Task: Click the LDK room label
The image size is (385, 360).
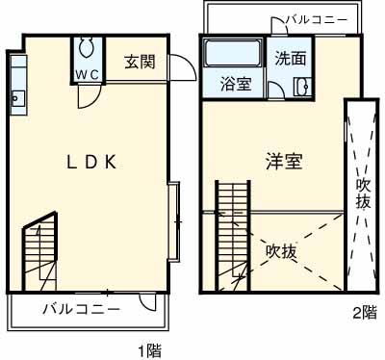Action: tap(91, 162)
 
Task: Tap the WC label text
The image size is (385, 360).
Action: tap(86, 73)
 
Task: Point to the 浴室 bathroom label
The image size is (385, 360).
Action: tap(236, 83)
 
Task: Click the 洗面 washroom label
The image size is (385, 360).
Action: tap(291, 58)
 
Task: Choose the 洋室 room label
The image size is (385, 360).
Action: tap(284, 161)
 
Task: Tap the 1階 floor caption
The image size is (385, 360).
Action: tap(148, 350)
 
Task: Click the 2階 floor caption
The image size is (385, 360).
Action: tap(363, 312)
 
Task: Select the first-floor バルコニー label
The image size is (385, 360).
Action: tap(81, 310)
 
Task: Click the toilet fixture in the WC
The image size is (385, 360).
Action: tap(86, 48)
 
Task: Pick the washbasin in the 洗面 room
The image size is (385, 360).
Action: tap(301, 86)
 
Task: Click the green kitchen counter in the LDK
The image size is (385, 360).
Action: tap(17, 81)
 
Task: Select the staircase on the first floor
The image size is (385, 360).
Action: tap(40, 252)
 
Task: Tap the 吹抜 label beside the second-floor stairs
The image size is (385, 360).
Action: tap(281, 251)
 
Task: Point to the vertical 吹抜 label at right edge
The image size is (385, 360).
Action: tap(363, 193)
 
